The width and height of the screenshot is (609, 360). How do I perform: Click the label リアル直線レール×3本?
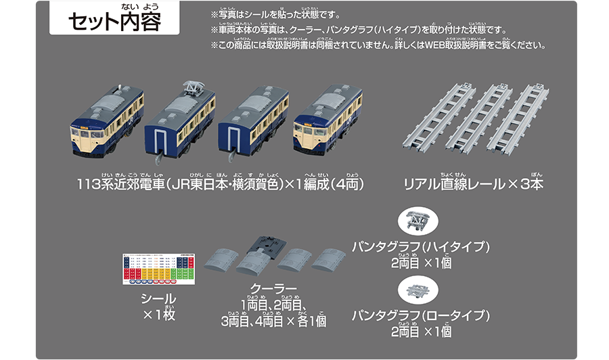click(473, 184)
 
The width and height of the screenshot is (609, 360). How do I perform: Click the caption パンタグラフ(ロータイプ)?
click(421, 315)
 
